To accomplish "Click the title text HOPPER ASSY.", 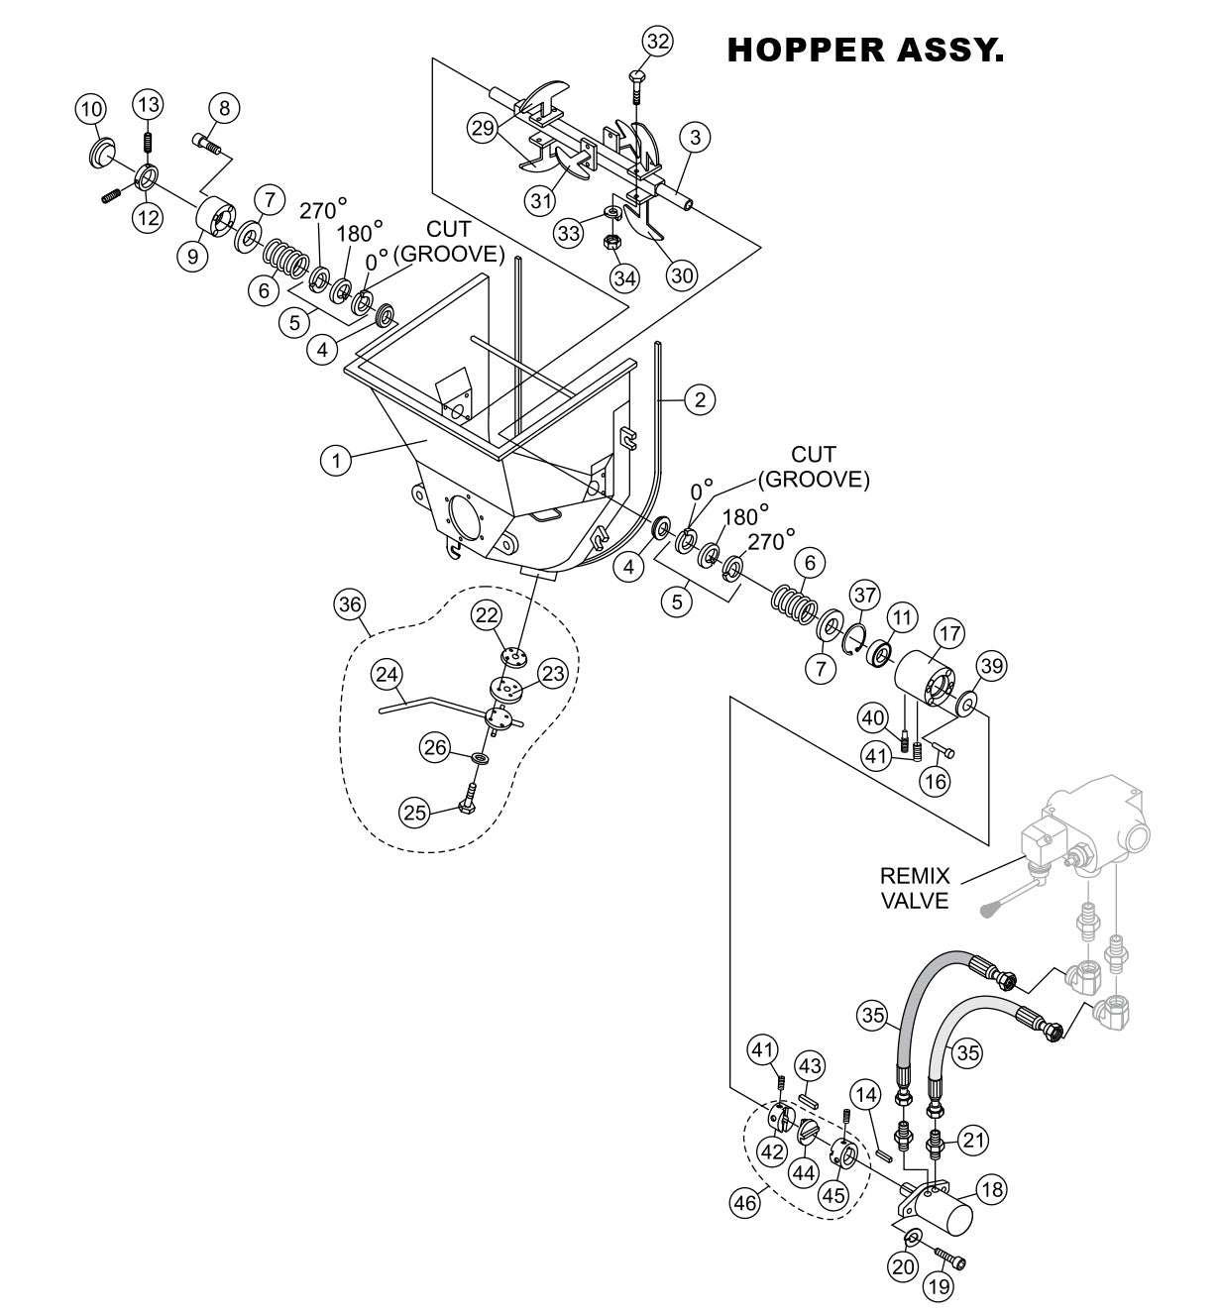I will (x=865, y=51).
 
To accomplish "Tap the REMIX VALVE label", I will (x=915, y=888).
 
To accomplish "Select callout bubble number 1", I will (x=336, y=461).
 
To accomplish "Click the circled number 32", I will (x=657, y=41).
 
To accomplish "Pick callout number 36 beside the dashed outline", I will (x=351, y=603).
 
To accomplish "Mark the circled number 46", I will (x=743, y=1203).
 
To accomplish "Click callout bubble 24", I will (x=387, y=675).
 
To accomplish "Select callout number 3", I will (x=695, y=138).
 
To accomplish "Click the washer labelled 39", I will (x=966, y=706).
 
